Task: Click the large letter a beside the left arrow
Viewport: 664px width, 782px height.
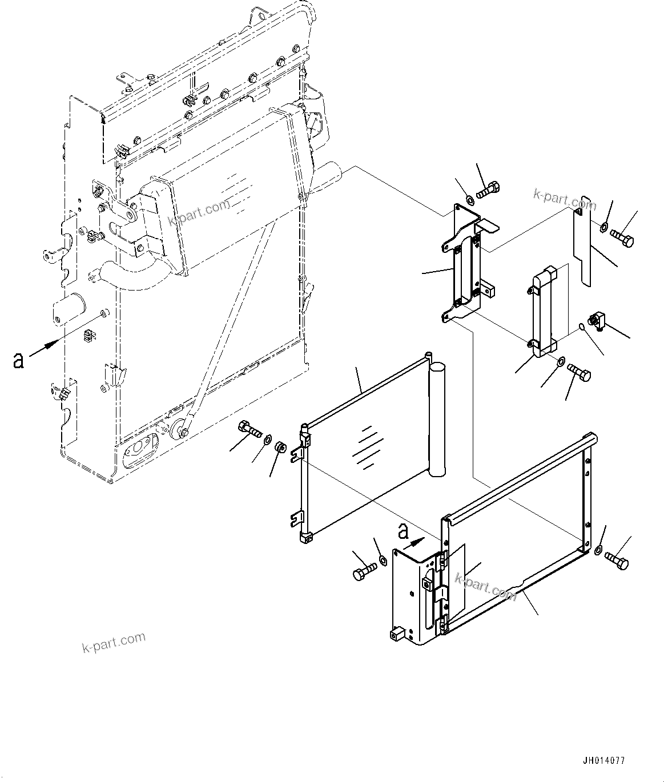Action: pos(19,360)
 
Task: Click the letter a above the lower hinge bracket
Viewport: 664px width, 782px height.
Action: pos(404,532)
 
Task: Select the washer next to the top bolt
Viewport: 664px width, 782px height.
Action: pos(469,200)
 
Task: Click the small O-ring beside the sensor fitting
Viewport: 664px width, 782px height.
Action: pos(581,327)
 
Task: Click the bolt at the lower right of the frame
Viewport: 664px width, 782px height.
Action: pos(617,560)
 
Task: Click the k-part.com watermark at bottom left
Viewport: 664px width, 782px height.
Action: pos(114,642)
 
